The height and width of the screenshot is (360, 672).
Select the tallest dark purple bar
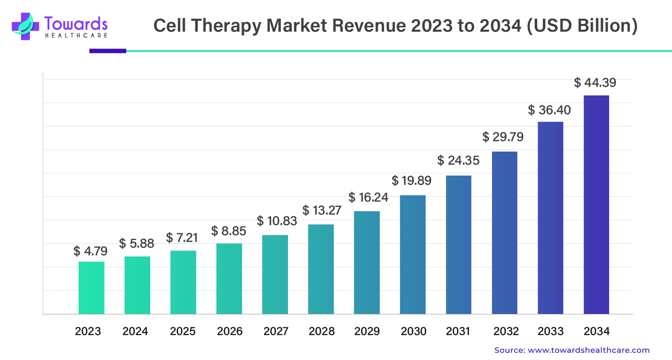[597, 204]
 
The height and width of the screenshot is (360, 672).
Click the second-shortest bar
[137, 284]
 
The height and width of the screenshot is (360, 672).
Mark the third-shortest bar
[183, 282]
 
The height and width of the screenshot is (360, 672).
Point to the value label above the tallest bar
[595, 83]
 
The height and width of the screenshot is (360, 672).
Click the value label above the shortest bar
[90, 250]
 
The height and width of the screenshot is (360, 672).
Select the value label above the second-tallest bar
[549, 110]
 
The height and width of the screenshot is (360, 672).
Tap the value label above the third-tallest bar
[503, 137]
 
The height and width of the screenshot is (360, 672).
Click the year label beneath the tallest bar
[597, 332]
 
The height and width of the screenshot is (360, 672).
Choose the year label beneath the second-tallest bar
[551, 332]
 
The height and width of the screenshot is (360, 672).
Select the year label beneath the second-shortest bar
[136, 332]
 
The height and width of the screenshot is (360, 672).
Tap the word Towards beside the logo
[74, 23]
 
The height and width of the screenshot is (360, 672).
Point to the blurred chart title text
[395, 27]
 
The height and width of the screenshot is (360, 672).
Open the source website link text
[571, 349]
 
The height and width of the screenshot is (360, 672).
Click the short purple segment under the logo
[107, 50]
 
